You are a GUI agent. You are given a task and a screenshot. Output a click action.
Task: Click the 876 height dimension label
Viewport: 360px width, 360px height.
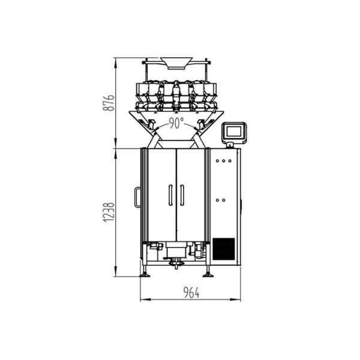tap(107, 103)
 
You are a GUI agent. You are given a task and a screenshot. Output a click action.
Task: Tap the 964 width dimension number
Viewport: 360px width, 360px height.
tap(190, 292)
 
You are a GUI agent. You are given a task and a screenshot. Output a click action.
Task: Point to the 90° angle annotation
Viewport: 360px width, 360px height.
tap(176, 123)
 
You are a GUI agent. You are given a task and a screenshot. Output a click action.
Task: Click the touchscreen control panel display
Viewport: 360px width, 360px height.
tap(234, 131)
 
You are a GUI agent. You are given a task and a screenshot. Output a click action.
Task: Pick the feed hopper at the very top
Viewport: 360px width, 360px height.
tap(176, 62)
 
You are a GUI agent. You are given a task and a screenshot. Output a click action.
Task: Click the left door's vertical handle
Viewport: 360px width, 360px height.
tap(170, 194)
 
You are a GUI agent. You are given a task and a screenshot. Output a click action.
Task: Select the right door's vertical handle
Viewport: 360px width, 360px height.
tap(182, 194)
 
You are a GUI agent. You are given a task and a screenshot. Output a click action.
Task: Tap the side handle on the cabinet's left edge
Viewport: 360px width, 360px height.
tap(137, 196)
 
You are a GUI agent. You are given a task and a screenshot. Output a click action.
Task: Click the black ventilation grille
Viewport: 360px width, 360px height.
tap(223, 248)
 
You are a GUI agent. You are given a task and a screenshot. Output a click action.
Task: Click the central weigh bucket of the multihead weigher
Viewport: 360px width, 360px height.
tap(176, 91)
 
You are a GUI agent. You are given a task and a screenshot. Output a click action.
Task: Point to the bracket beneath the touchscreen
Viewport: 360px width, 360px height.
tap(230, 144)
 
